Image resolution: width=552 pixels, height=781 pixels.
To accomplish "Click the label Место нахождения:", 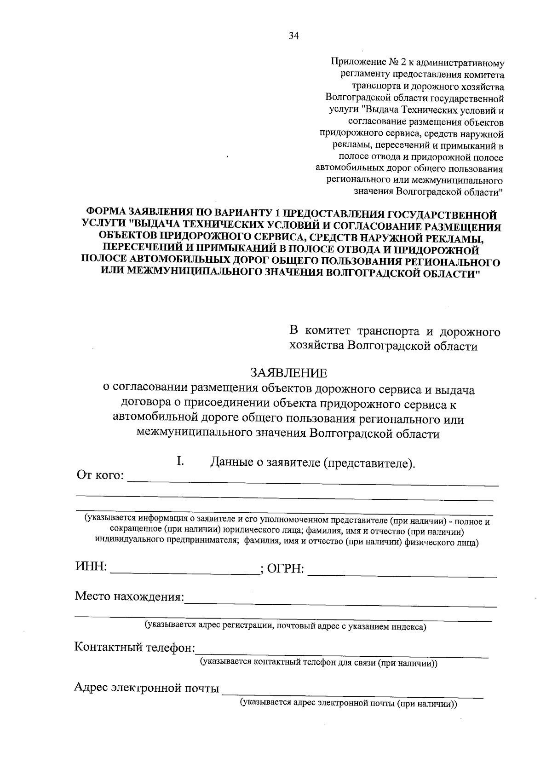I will [129, 597].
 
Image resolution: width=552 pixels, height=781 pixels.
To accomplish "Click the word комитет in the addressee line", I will [327, 331].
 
